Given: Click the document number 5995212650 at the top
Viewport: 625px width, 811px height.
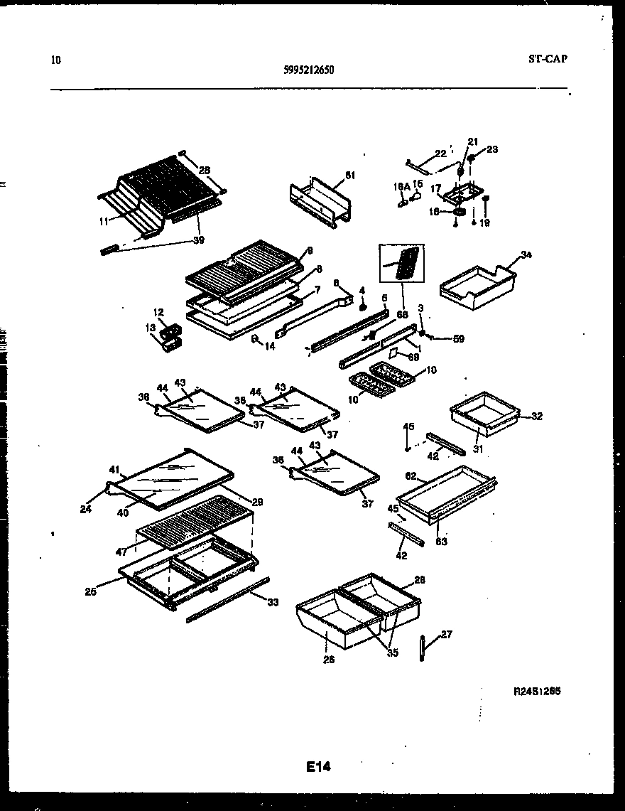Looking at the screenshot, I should point(308,70).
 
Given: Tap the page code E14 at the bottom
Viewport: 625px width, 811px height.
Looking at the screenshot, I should point(319,766).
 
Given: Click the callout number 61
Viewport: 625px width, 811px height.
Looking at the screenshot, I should point(349,175).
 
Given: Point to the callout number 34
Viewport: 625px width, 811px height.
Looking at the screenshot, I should point(526,254).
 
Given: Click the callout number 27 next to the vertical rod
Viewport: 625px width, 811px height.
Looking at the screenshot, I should point(445,635).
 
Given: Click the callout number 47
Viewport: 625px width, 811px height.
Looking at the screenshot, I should point(121,552).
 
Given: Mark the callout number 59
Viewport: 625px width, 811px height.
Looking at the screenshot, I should point(459,339).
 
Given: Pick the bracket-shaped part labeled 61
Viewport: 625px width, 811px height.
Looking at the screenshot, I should point(321,202).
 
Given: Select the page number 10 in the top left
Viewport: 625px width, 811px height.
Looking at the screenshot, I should point(56,60).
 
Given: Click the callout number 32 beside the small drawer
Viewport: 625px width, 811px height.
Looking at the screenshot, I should point(536,417).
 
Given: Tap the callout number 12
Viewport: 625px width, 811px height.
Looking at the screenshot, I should point(159,312).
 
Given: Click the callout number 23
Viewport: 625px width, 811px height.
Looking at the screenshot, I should point(491,149).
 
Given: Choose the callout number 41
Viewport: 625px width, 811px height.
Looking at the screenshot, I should point(114,469).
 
